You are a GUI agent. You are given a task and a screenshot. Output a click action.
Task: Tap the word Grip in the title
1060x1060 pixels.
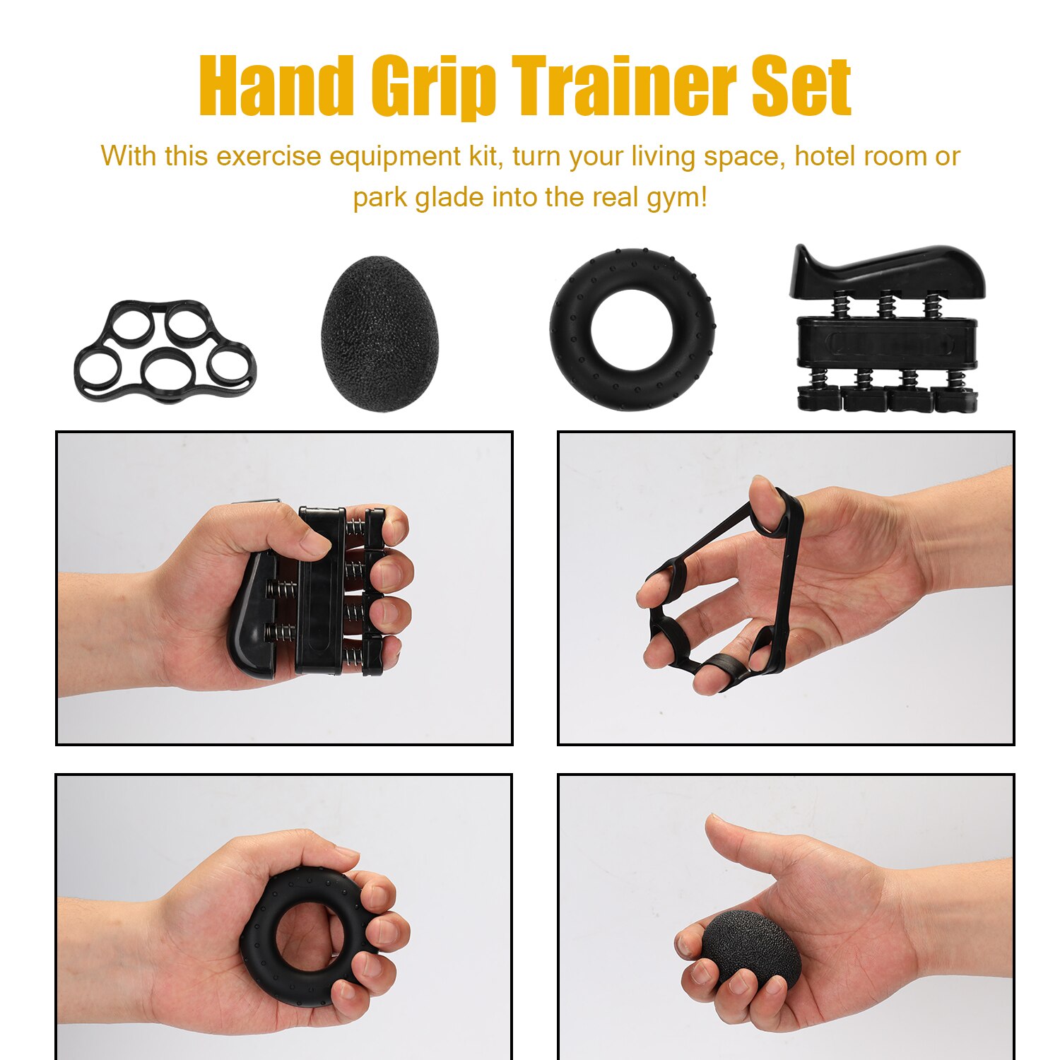(434, 88)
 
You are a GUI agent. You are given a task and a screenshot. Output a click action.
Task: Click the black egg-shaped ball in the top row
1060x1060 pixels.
(379, 333)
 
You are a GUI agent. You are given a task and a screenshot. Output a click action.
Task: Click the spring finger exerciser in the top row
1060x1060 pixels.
(888, 332)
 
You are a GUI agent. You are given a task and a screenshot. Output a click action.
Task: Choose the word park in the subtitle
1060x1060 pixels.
(379, 197)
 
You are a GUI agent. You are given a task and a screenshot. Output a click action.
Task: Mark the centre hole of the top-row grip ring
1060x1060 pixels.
(632, 330)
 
